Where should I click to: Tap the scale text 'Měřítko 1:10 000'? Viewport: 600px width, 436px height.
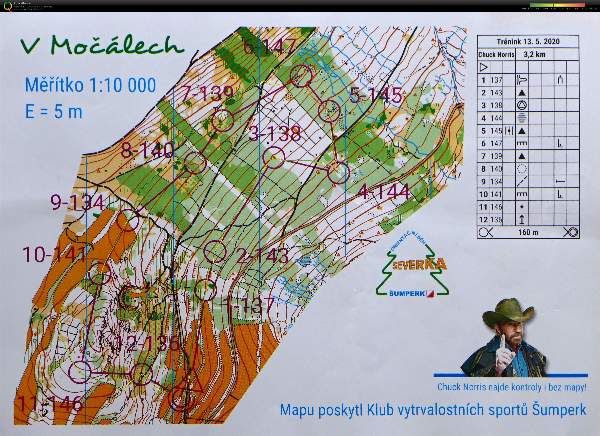pyautogui.click(x=90, y=85)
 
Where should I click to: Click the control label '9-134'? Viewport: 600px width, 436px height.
pyautogui.click(x=77, y=203)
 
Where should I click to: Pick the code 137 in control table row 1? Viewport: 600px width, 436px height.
pyautogui.click(x=496, y=80)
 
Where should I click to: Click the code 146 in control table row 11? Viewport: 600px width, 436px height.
pyautogui.click(x=496, y=207)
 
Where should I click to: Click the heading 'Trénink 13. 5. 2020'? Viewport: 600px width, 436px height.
pyautogui.click(x=528, y=42)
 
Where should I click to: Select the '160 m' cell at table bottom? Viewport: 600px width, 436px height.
pyautogui.click(x=528, y=232)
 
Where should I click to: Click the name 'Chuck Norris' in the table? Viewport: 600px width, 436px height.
pyautogui.click(x=496, y=54)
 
